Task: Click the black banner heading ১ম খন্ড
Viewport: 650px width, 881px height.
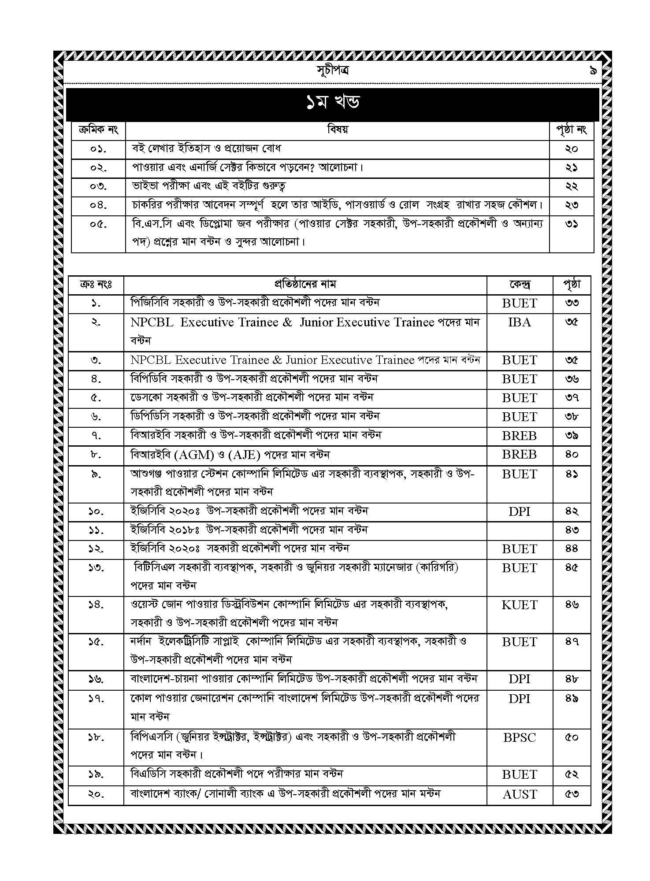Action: pyautogui.click(x=333, y=103)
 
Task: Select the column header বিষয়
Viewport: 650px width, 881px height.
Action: pyautogui.click(x=338, y=130)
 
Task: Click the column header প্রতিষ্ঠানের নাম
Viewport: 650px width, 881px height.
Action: pyautogui.click(x=305, y=285)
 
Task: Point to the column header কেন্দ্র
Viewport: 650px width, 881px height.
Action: pyautogui.click(x=520, y=285)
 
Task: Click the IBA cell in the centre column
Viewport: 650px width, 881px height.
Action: pyautogui.click(x=520, y=322)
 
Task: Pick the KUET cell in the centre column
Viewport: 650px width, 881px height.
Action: pyautogui.click(x=520, y=605)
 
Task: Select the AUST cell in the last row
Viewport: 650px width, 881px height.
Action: pyautogui.click(x=520, y=794)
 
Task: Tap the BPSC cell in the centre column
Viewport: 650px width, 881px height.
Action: pyautogui.click(x=520, y=737)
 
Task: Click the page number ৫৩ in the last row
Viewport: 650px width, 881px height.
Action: pyautogui.click(x=572, y=794)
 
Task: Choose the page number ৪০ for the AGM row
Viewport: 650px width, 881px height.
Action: pyautogui.click(x=572, y=454)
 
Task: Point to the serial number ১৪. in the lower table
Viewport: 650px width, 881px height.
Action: pyautogui.click(x=96, y=605)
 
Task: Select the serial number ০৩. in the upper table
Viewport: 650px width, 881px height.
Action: pyautogui.click(x=98, y=186)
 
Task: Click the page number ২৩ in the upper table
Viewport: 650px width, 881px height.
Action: pyautogui.click(x=572, y=205)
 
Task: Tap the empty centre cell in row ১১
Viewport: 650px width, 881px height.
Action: pyautogui.click(x=520, y=530)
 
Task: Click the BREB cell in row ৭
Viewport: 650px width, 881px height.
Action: pyautogui.click(x=520, y=436)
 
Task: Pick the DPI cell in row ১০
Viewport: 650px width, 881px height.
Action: pyautogui.click(x=520, y=511)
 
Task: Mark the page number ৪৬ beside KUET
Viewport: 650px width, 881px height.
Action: pyautogui.click(x=572, y=605)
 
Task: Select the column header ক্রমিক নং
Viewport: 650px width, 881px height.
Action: pyautogui.click(x=98, y=130)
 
